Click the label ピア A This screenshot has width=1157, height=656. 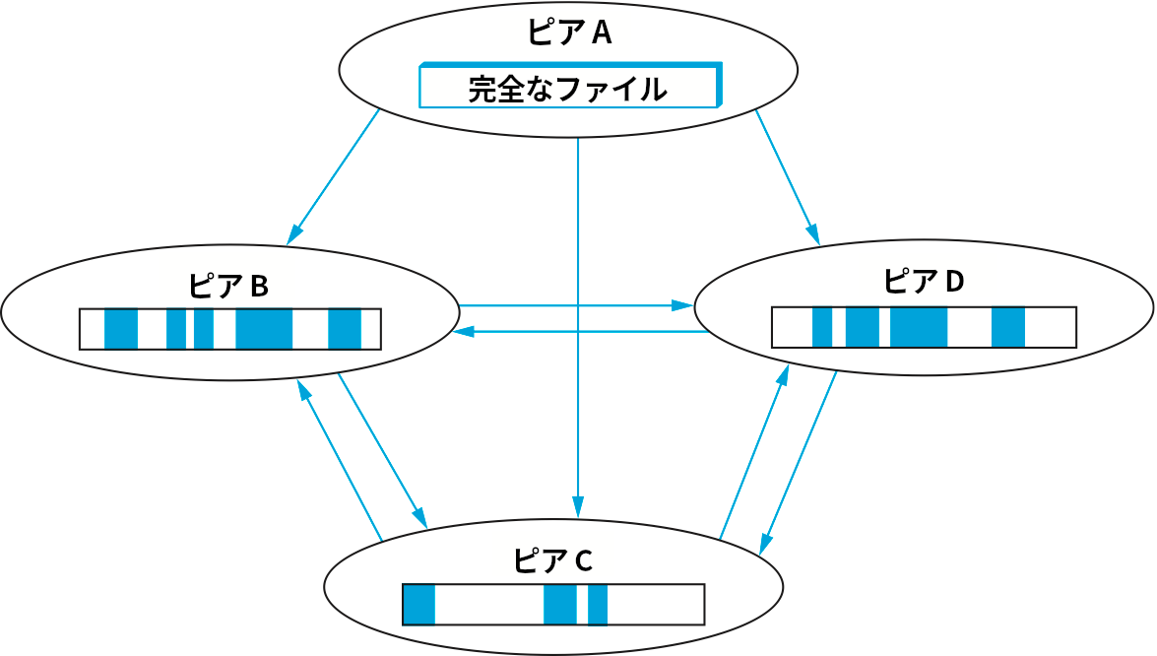(x=569, y=33)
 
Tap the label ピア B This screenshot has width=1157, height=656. (x=227, y=286)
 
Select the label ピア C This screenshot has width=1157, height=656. (x=552, y=560)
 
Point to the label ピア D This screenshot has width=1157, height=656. (x=923, y=281)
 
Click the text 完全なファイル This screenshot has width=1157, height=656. (x=567, y=90)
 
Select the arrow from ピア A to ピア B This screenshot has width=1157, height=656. (x=334, y=176)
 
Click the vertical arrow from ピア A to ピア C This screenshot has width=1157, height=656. (x=577, y=325)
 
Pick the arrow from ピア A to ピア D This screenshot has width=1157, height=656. (x=787, y=176)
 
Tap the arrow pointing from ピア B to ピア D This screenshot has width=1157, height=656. (x=576, y=305)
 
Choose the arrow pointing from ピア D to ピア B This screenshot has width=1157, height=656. (x=581, y=332)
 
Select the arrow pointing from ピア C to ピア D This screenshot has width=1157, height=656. (x=754, y=452)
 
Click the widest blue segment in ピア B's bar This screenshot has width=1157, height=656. (x=264, y=329)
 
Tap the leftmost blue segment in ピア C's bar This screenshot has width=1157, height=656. (x=418, y=605)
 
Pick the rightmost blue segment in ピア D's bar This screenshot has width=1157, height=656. (x=1008, y=327)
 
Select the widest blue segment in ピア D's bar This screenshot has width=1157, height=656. (x=919, y=327)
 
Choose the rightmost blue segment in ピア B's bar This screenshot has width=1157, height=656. (x=345, y=329)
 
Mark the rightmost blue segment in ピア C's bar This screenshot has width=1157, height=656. (x=598, y=605)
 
